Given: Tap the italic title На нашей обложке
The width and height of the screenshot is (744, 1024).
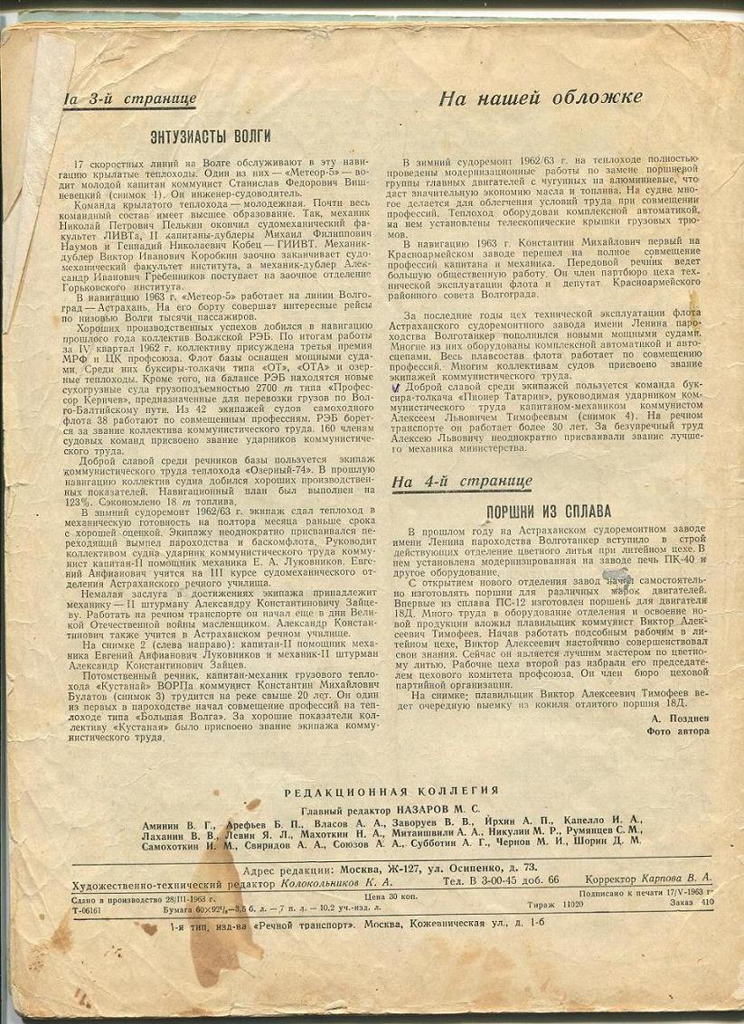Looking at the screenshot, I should [x=541, y=99].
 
